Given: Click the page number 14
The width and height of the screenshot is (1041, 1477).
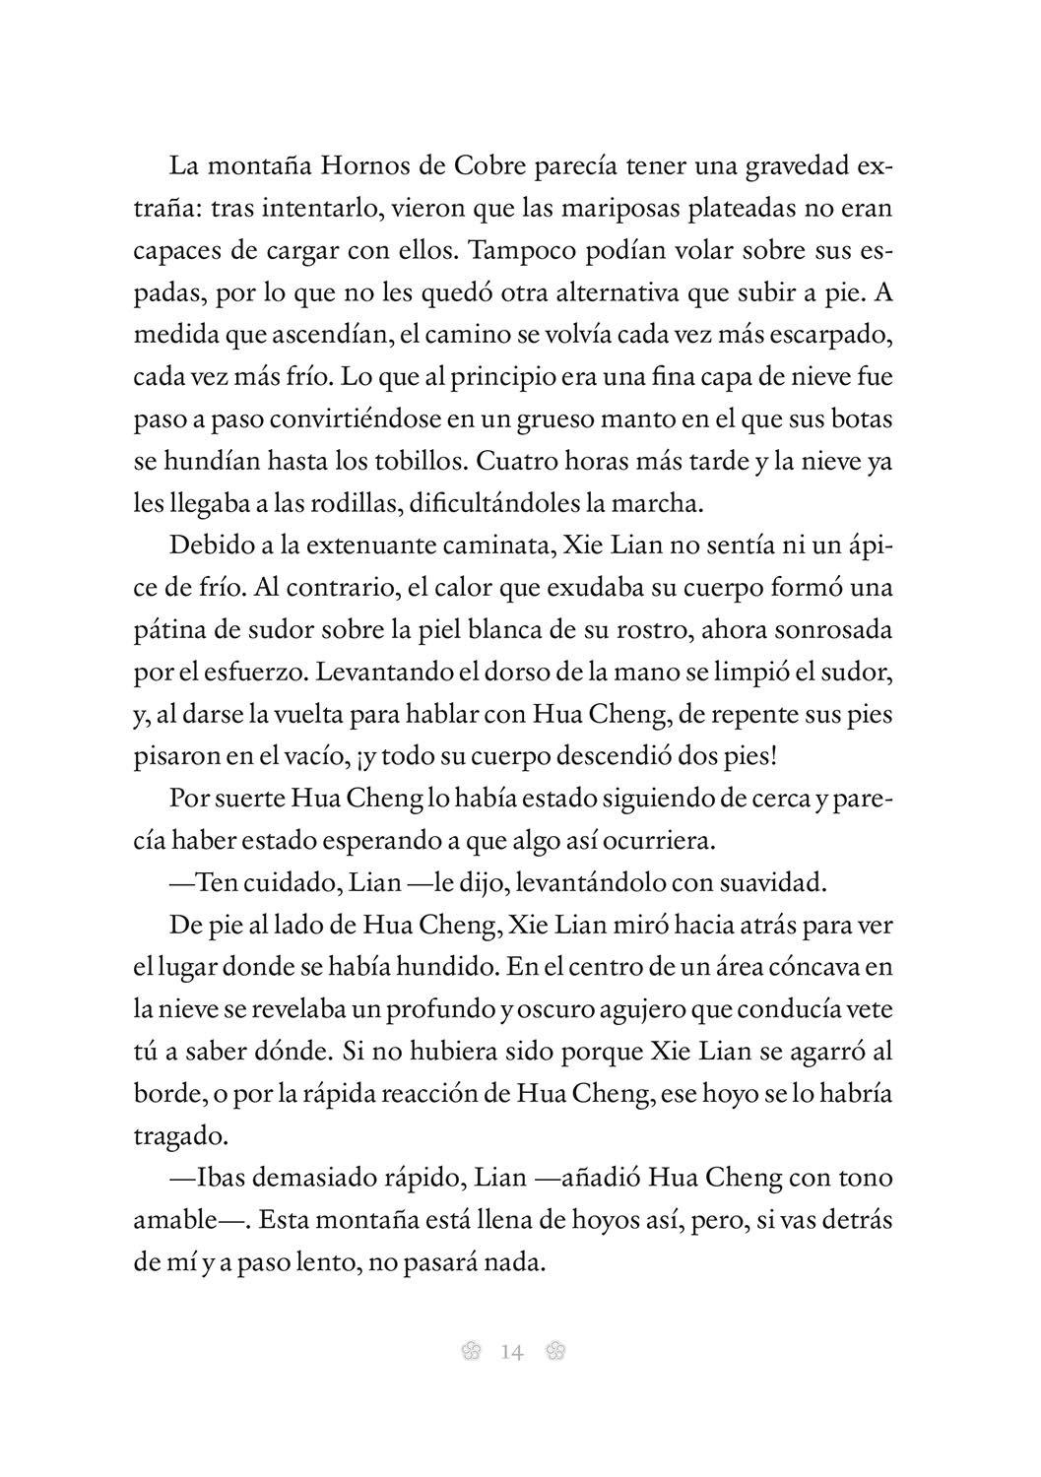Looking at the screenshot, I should [x=512, y=1352].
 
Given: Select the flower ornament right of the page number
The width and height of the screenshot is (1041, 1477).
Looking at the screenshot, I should [x=554, y=1352].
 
